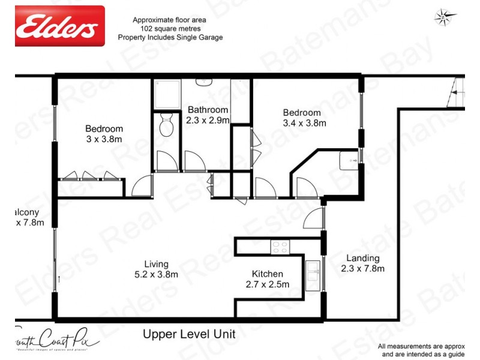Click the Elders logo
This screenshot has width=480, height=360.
60,26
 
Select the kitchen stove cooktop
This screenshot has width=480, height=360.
280,246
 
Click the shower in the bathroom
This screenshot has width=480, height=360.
166,93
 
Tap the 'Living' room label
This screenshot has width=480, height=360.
156,264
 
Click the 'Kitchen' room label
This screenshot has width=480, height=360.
267,273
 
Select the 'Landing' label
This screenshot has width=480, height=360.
363,259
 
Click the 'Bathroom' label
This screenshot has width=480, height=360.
208,110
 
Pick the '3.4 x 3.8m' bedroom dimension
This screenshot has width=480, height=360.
305,124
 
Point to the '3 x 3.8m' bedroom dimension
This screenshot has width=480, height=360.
104,139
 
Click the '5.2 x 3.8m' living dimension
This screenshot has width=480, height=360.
156,275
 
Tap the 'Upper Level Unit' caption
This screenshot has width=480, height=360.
188,334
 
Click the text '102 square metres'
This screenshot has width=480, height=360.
166,28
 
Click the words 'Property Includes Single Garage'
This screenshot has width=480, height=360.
178,37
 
